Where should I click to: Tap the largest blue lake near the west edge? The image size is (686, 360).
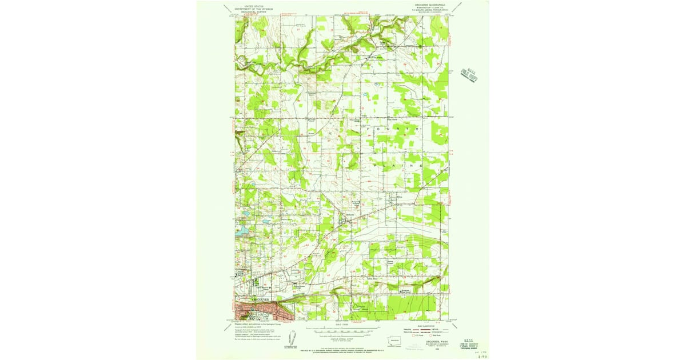[x=240, y=230]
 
